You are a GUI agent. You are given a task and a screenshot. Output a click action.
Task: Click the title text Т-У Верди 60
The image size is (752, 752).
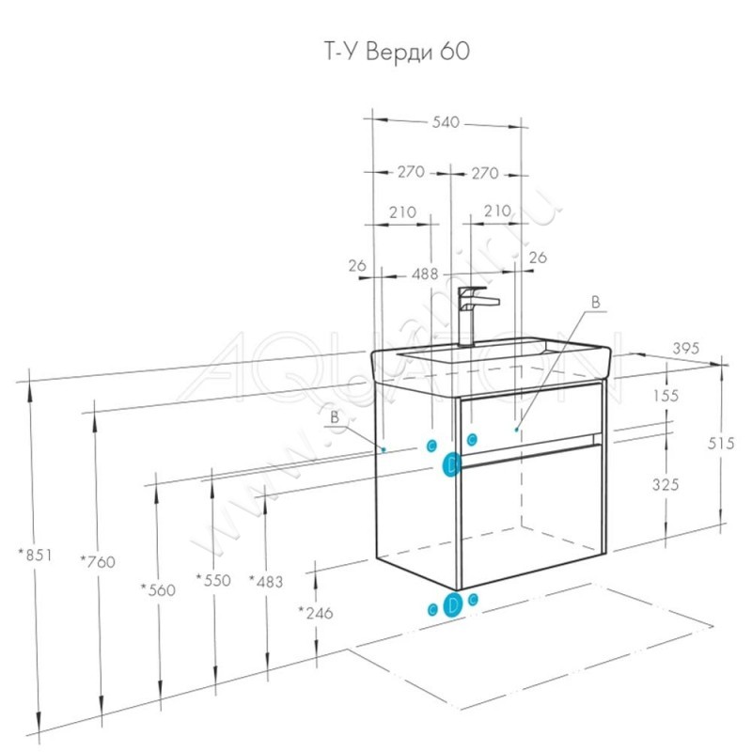389,52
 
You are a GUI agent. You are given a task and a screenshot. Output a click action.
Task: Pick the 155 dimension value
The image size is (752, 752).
665,396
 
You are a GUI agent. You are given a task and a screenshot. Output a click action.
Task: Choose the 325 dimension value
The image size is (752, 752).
665,485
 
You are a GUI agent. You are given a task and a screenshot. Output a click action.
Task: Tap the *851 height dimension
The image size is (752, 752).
37,555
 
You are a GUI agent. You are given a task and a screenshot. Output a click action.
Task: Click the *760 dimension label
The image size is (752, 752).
97,562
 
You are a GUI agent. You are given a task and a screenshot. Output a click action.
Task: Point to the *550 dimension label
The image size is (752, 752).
212,580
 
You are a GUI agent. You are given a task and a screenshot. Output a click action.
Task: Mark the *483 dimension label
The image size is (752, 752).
266,581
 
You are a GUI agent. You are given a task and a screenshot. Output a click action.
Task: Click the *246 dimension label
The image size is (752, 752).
316,613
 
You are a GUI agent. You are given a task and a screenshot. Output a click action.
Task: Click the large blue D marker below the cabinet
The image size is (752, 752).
452,605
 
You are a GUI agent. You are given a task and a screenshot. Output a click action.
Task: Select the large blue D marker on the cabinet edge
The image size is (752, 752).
452,464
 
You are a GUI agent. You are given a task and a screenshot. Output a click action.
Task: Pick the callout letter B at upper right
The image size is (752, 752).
594,303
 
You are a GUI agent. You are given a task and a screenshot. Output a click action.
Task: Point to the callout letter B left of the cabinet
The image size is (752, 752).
335,414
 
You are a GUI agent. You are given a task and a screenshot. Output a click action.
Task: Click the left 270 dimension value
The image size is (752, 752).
410,172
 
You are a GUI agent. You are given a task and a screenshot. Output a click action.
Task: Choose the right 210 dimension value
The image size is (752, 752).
496,211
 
